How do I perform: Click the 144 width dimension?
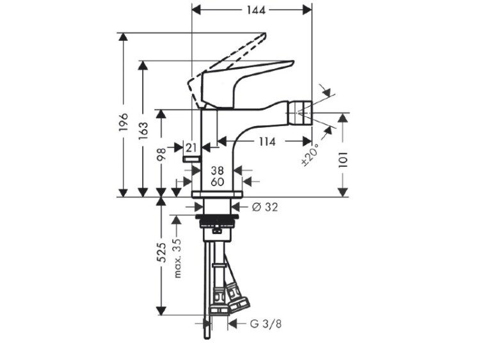click(256, 10)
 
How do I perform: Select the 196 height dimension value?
click(124, 122)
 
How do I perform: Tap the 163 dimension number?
click(143, 130)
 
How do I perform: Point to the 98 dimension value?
click(161, 154)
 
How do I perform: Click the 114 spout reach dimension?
click(268, 141)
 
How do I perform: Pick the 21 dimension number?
click(191, 148)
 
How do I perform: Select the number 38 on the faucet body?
click(217, 170)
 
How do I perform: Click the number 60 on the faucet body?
click(217, 182)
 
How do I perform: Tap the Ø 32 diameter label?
click(265, 207)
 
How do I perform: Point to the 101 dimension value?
click(343, 159)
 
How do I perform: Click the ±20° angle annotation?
click(310, 155)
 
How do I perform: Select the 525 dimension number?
click(161, 252)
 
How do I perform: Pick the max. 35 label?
click(177, 258)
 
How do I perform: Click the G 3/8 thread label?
click(266, 324)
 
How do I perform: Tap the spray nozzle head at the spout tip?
click(301, 113)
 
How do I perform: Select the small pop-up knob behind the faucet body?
click(191, 159)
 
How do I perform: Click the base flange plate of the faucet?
click(217, 194)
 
